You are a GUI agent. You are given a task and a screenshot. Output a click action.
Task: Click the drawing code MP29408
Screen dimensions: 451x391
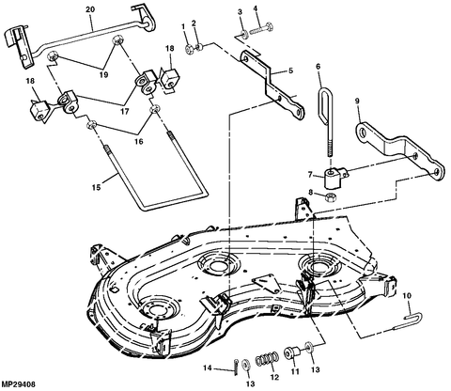(x=18, y=384)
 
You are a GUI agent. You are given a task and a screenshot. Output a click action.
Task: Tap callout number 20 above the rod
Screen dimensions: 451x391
(x=90, y=9)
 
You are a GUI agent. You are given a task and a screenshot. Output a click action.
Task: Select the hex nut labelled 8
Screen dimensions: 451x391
(x=329, y=197)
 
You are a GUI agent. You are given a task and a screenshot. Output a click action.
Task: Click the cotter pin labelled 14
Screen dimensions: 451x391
(x=235, y=366)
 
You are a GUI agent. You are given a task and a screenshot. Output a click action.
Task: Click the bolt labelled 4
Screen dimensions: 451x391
(x=261, y=28)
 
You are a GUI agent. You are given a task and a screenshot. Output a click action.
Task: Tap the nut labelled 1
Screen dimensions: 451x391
(x=189, y=50)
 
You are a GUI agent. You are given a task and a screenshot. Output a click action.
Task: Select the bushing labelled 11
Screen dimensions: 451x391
(x=291, y=353)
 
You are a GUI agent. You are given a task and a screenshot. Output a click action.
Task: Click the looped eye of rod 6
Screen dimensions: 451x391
(x=326, y=103)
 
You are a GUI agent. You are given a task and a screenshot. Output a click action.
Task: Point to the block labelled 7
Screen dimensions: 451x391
(x=335, y=178)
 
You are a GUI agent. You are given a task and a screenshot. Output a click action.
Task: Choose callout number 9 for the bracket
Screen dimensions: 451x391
(x=357, y=101)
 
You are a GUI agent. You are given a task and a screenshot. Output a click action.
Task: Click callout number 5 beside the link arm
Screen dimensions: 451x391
(x=290, y=70)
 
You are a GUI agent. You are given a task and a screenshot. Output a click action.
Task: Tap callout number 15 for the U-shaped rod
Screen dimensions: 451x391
(x=97, y=187)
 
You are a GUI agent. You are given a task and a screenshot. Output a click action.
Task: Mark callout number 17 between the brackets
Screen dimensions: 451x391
(x=125, y=112)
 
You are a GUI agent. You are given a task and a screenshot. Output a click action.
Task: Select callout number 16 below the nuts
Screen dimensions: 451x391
(x=139, y=142)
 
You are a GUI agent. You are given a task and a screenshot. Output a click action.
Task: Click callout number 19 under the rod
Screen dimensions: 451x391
(x=103, y=75)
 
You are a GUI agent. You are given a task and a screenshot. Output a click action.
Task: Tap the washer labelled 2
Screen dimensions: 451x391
(x=199, y=47)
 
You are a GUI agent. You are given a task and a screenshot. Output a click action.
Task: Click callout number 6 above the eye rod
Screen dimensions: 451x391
(x=319, y=67)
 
